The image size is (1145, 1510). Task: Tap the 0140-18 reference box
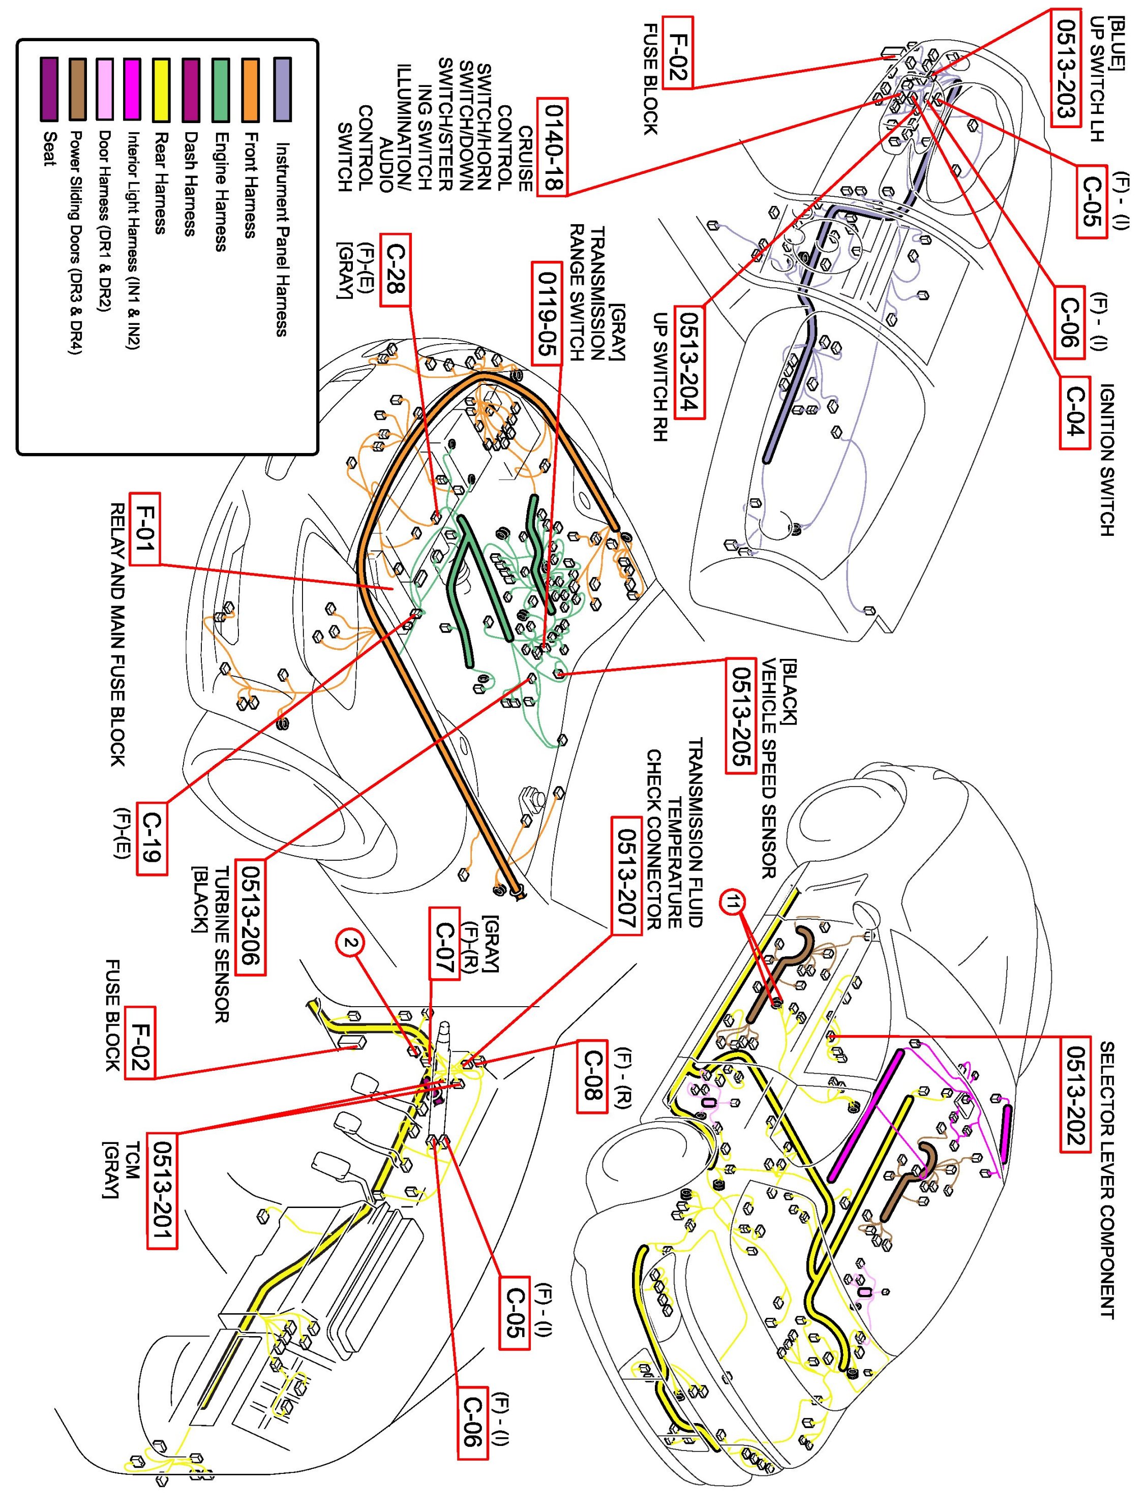coord(553,147)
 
